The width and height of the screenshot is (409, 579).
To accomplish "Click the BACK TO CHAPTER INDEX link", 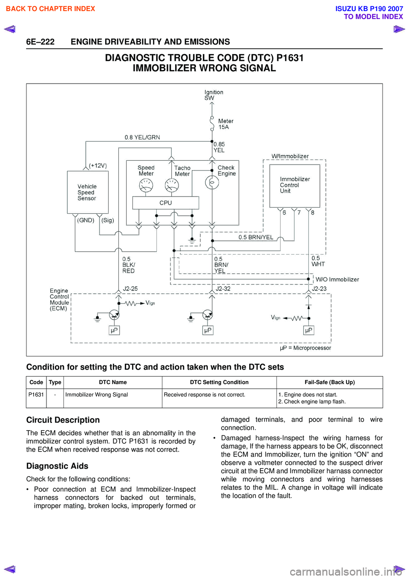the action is click(x=50, y=9).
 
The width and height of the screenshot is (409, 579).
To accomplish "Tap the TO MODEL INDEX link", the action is click(x=373, y=17).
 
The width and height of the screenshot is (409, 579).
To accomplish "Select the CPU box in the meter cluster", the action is click(x=165, y=203).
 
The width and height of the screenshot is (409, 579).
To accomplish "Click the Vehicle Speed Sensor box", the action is click(x=87, y=192).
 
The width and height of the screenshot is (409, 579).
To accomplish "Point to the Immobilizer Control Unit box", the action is click(x=295, y=186).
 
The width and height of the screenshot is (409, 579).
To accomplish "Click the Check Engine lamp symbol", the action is click(x=212, y=182).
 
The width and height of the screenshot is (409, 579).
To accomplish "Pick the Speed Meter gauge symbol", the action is click(x=146, y=185).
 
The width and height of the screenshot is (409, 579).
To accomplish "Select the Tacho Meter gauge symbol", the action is click(x=172, y=185).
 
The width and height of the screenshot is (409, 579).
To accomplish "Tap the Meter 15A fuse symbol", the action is click(x=212, y=123).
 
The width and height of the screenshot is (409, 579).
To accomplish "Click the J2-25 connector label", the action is click(x=130, y=289).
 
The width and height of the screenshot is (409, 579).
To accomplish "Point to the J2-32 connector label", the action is click(x=223, y=289).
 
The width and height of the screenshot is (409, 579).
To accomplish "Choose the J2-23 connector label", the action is click(x=319, y=289).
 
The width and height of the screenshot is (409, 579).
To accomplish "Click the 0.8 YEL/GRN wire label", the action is click(x=142, y=137).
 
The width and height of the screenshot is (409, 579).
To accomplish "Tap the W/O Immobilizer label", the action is click(x=337, y=279).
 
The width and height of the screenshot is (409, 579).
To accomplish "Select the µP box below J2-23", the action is click(x=308, y=330).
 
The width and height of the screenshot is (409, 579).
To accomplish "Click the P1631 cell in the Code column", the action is click(x=36, y=395).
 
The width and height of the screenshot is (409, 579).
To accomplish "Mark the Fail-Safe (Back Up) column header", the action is click(x=330, y=382).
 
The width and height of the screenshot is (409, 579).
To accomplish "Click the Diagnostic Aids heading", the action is click(x=58, y=466).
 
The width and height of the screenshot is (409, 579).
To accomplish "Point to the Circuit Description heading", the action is click(x=63, y=420).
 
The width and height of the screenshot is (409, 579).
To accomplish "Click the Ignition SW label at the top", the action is click(x=214, y=95).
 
